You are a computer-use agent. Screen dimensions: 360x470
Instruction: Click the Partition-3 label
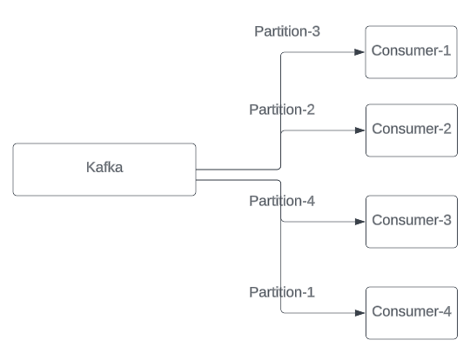point(287,31)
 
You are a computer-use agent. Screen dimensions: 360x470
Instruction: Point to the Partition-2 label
point(282,110)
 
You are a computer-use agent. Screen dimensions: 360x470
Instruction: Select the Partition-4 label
point(282,201)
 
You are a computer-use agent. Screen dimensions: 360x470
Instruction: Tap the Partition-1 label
point(282,291)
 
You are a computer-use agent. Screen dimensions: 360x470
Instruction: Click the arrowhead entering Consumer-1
point(359,52)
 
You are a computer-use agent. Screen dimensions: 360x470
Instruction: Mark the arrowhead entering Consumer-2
point(359,130)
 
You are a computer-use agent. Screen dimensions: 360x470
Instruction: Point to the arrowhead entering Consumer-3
point(359,221)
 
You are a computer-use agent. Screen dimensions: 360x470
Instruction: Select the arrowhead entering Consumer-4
point(359,312)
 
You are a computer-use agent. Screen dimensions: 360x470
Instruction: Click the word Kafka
point(104,168)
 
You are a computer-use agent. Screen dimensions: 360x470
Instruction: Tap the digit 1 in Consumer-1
point(446,50)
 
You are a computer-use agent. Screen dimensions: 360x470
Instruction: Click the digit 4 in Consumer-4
point(446,310)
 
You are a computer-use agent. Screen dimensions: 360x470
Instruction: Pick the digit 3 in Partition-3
point(316,31)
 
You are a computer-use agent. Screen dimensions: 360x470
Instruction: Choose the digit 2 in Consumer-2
point(446,129)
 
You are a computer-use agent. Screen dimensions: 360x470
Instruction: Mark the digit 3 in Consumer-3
point(446,219)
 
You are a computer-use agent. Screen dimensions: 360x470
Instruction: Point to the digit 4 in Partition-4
point(310,201)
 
